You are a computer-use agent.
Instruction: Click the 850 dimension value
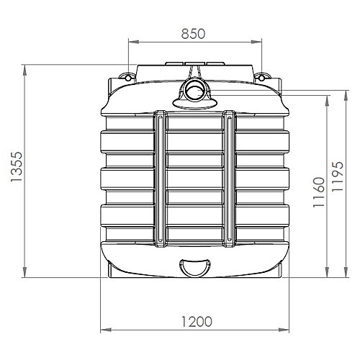193,34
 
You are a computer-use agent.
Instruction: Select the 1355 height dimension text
17,167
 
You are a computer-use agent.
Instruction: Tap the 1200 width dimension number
197,322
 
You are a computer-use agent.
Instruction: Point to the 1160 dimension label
319,192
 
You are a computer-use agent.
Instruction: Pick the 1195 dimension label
338,176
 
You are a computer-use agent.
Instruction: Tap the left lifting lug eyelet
128,78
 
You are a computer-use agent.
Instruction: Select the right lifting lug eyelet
261,78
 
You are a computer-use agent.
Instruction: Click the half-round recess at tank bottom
195,267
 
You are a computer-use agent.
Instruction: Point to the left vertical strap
160,179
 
